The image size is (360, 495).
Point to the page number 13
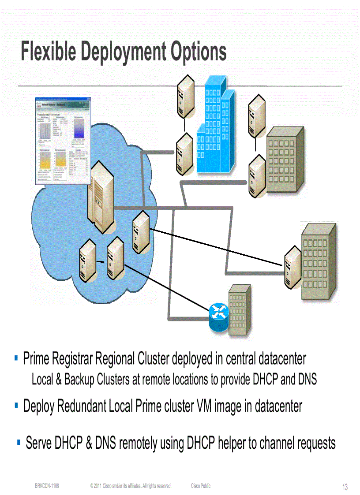tap(345, 487)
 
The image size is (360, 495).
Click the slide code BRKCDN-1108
tap(47, 486)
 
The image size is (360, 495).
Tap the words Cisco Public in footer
tap(201, 486)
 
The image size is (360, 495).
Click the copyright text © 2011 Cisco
tap(130, 486)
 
